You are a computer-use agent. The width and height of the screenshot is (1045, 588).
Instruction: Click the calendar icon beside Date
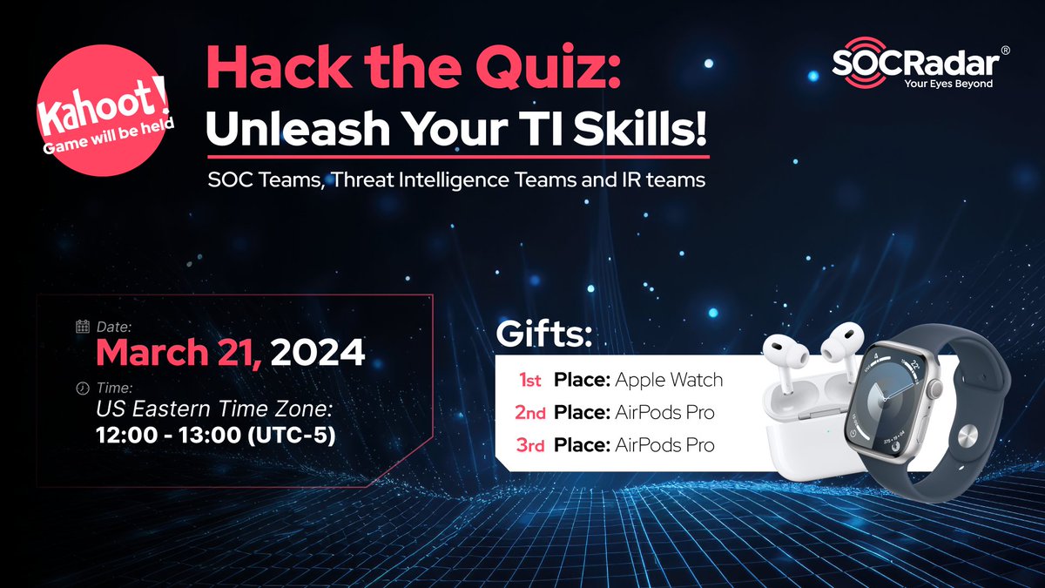coord(83,328)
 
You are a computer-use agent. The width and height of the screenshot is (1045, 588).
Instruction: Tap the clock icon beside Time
coord(83,387)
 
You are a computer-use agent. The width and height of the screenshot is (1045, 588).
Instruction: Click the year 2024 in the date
coord(317,354)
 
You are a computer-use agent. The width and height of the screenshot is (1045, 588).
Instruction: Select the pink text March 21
coord(179,354)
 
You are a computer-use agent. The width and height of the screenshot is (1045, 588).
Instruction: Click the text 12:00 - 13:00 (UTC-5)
coord(215,433)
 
